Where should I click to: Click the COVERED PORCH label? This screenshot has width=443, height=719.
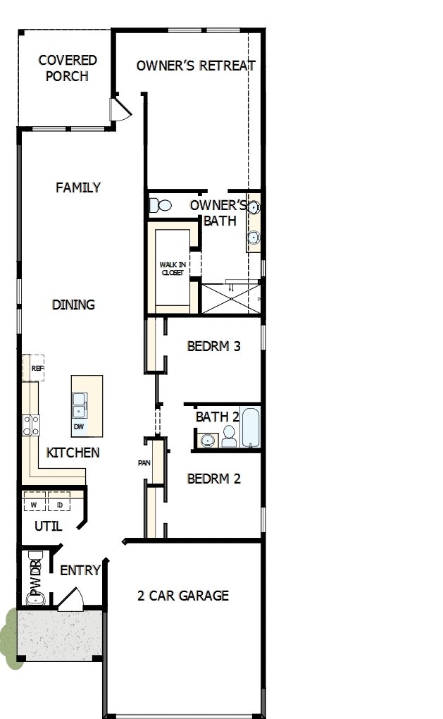pyautogui.click(x=67, y=68)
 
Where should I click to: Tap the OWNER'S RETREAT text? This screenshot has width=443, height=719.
pyautogui.click(x=196, y=66)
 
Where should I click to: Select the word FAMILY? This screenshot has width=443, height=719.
pyautogui.click(x=78, y=188)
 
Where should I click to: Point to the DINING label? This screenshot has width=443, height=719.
pyautogui.click(x=73, y=305)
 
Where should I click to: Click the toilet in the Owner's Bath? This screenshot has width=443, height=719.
pyautogui.click(x=161, y=206)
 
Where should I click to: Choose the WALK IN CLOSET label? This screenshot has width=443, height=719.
pyautogui.click(x=172, y=269)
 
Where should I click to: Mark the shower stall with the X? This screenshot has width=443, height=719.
pyautogui.click(x=230, y=298)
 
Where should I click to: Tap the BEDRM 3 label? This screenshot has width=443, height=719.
pyautogui.click(x=214, y=346)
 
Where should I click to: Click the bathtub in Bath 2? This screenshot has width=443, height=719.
pyautogui.click(x=251, y=426)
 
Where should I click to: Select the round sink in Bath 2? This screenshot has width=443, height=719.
pyautogui.click(x=206, y=441)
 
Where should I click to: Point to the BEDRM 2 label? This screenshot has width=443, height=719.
pyautogui.click(x=214, y=479)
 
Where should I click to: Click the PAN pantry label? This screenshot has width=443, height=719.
pyautogui.click(x=144, y=464)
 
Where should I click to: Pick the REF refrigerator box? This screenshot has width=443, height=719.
pyautogui.click(x=34, y=368)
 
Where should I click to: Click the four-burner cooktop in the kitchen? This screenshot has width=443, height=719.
pyautogui.click(x=32, y=425)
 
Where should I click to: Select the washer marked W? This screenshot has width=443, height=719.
pyautogui.click(x=34, y=505)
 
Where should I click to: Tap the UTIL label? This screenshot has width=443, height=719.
pyautogui.click(x=49, y=526)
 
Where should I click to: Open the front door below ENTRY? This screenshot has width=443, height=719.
pyautogui.click(x=70, y=601)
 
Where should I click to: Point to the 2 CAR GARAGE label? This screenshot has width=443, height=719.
pyautogui.click(x=182, y=596)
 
